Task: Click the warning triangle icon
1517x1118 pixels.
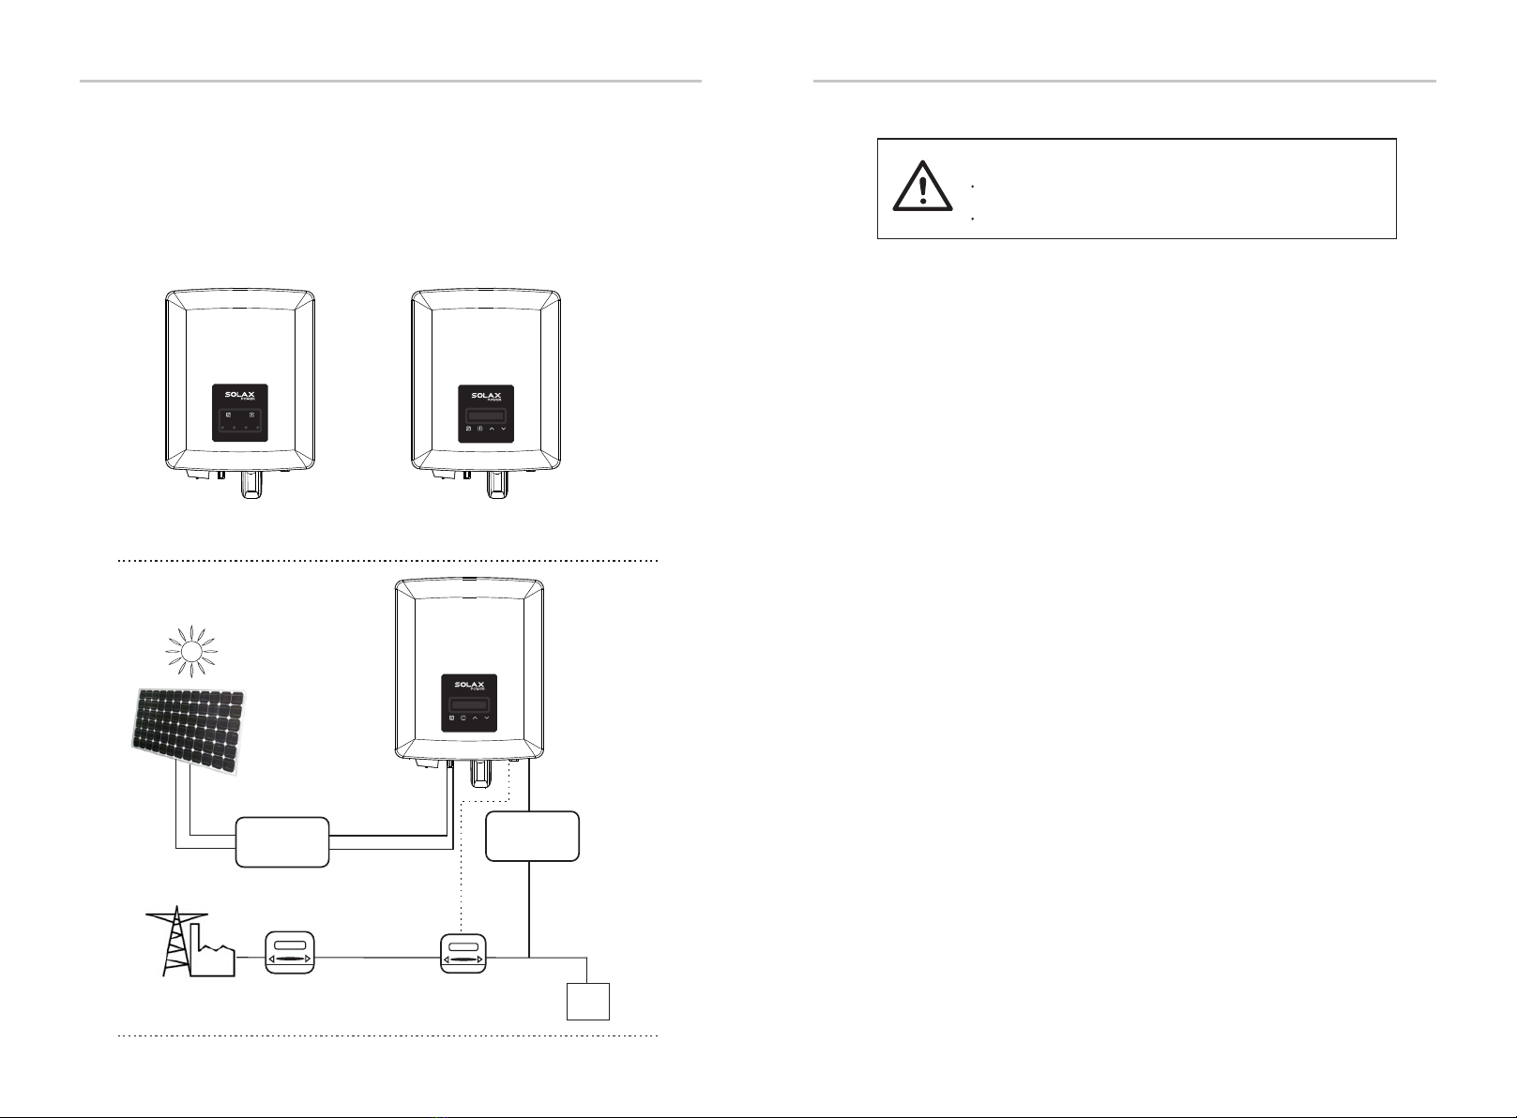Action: click(x=922, y=187)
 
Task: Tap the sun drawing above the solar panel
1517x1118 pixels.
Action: click(x=191, y=651)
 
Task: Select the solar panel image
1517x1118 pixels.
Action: click(x=189, y=732)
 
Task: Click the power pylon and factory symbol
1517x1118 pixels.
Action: click(x=190, y=942)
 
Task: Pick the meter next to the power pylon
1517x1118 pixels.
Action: click(x=289, y=953)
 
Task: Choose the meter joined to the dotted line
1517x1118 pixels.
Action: click(x=463, y=954)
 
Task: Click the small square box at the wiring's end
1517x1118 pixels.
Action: click(x=588, y=1001)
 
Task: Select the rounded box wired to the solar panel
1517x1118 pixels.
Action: click(x=282, y=841)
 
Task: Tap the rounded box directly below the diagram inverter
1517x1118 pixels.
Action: click(x=532, y=836)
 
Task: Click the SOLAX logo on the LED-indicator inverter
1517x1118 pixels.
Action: click(x=240, y=396)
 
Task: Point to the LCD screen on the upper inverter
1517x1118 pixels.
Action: click(x=486, y=415)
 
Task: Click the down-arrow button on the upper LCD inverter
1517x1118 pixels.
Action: click(x=504, y=429)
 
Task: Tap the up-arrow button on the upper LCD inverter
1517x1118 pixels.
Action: click(x=492, y=429)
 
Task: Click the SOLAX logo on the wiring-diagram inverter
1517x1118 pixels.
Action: click(x=469, y=686)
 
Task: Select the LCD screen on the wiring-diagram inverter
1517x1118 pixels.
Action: click(x=469, y=705)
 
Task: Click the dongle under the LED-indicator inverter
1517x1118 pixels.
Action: click(x=252, y=484)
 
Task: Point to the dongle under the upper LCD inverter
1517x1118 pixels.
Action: click(x=498, y=484)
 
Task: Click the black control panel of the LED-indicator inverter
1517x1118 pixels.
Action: click(x=240, y=413)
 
